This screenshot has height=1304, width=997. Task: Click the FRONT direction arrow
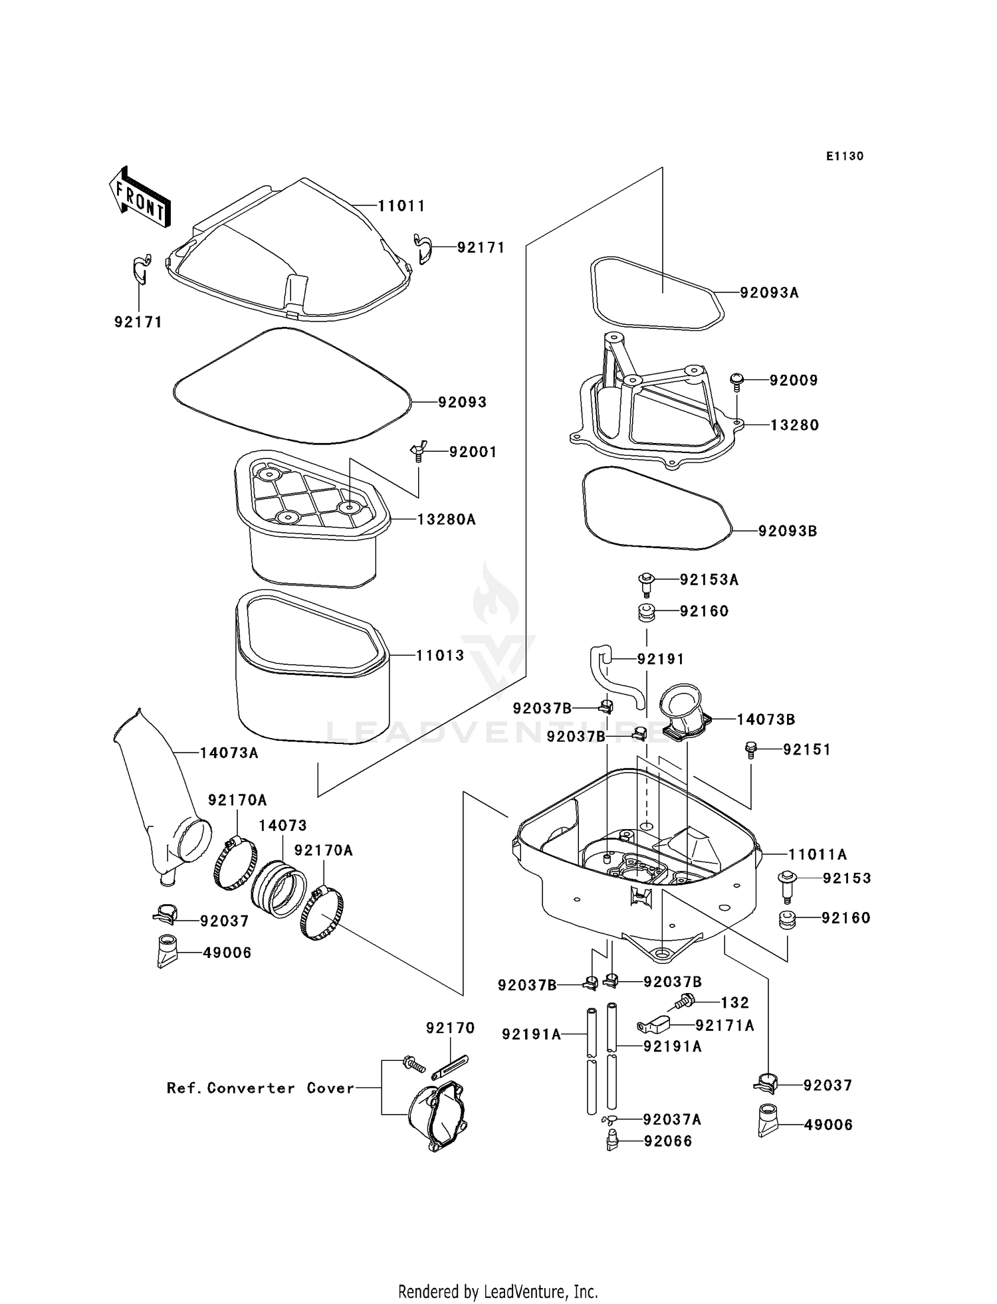tap(139, 198)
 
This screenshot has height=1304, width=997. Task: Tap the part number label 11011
tap(401, 206)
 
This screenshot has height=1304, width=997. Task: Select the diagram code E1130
tap(845, 156)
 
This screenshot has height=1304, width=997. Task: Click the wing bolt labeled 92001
tap(417, 452)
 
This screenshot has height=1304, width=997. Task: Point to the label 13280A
tap(446, 519)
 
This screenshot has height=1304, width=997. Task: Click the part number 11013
tap(440, 656)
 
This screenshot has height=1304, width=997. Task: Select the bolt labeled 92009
tap(736, 379)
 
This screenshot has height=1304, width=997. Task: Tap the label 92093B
tap(787, 531)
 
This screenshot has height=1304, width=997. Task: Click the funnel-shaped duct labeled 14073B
tap(685, 715)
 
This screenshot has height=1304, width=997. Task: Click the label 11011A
tap(817, 855)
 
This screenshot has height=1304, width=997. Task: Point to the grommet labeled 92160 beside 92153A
tap(645, 612)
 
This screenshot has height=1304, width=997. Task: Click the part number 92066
tap(667, 1141)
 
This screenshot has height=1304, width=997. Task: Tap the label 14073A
tap(229, 753)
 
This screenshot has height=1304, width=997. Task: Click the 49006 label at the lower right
tap(828, 1125)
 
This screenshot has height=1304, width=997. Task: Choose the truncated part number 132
tap(734, 1003)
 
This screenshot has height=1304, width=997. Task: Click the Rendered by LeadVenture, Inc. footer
tap(498, 1291)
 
